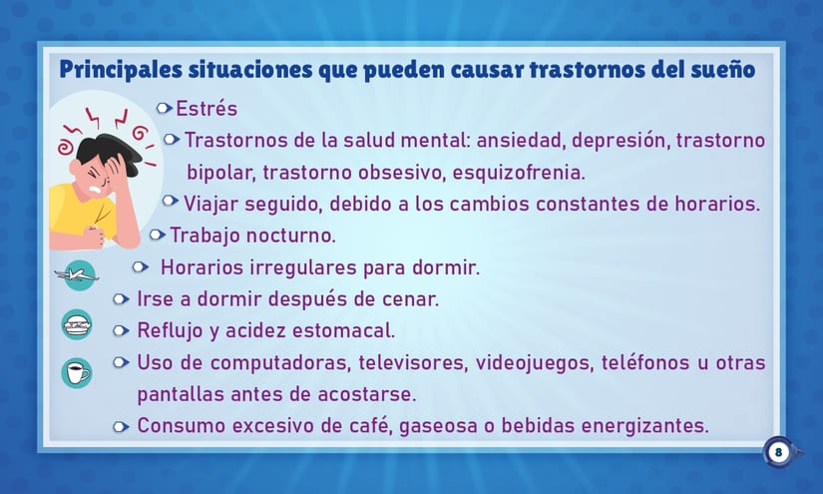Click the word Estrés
[206, 109]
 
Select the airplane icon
[77, 273]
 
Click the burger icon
[77, 323]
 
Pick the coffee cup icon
[77, 373]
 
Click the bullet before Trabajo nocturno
[158, 236]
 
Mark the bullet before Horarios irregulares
[141, 267]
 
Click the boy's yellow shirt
[70, 210]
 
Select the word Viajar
[211, 204]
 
